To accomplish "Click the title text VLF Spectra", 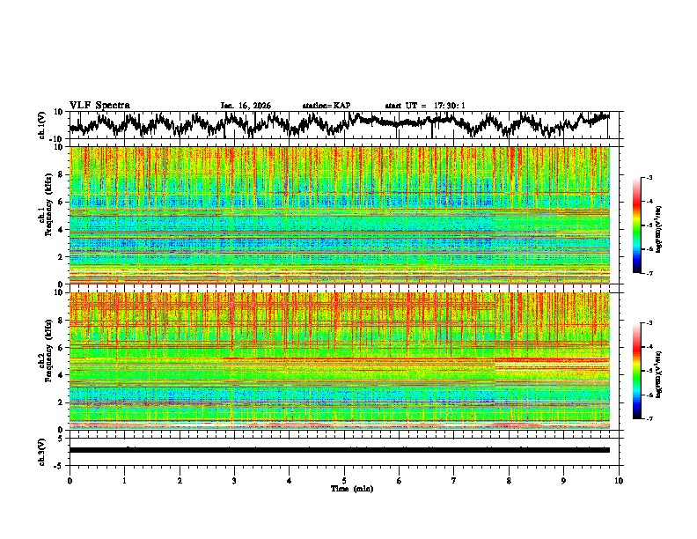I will tap(99, 106).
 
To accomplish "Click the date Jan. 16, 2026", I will tap(246, 106).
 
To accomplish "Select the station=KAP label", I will tap(326, 106).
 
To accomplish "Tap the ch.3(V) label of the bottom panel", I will tap(42, 449).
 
